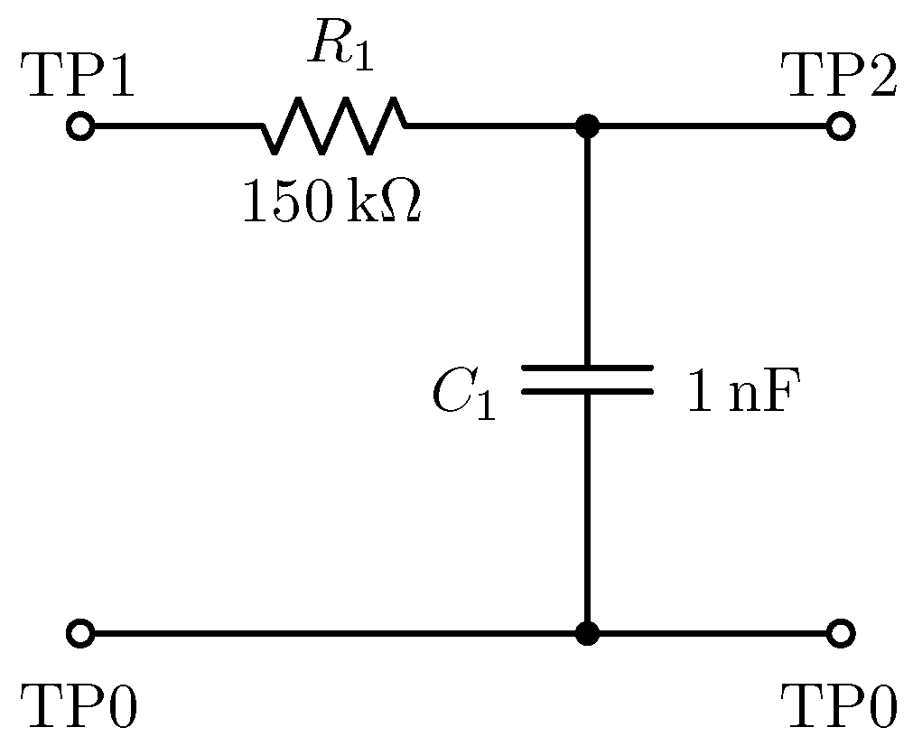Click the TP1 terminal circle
(80, 126)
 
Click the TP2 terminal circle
(841, 126)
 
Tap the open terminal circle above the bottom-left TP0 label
(80, 633)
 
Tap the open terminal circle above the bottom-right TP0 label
(841, 633)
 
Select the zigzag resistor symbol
(334, 126)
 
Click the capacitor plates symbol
(587, 380)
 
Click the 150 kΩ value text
(331, 202)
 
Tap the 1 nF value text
(742, 390)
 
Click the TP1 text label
(80, 75)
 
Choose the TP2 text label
(841, 75)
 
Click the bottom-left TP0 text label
(80, 705)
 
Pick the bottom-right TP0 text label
(841, 705)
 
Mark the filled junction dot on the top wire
(587, 126)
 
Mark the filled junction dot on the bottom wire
(587, 633)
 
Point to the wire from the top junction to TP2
(713, 126)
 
